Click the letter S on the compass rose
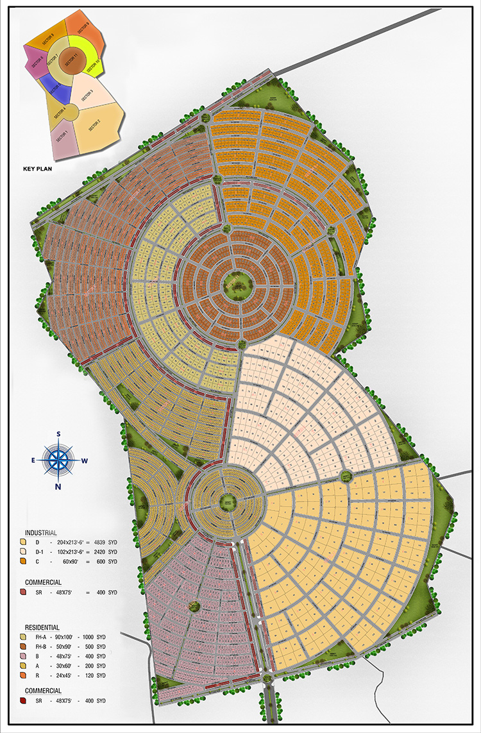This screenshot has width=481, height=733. point(58,434)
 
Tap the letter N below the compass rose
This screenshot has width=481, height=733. point(58,486)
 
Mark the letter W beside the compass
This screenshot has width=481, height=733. point(85,460)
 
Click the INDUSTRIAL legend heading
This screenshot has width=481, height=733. point(41,533)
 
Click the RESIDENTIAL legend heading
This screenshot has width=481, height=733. point(42,627)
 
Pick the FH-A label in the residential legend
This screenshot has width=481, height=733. point(42,637)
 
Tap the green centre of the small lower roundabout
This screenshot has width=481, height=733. point(226,503)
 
